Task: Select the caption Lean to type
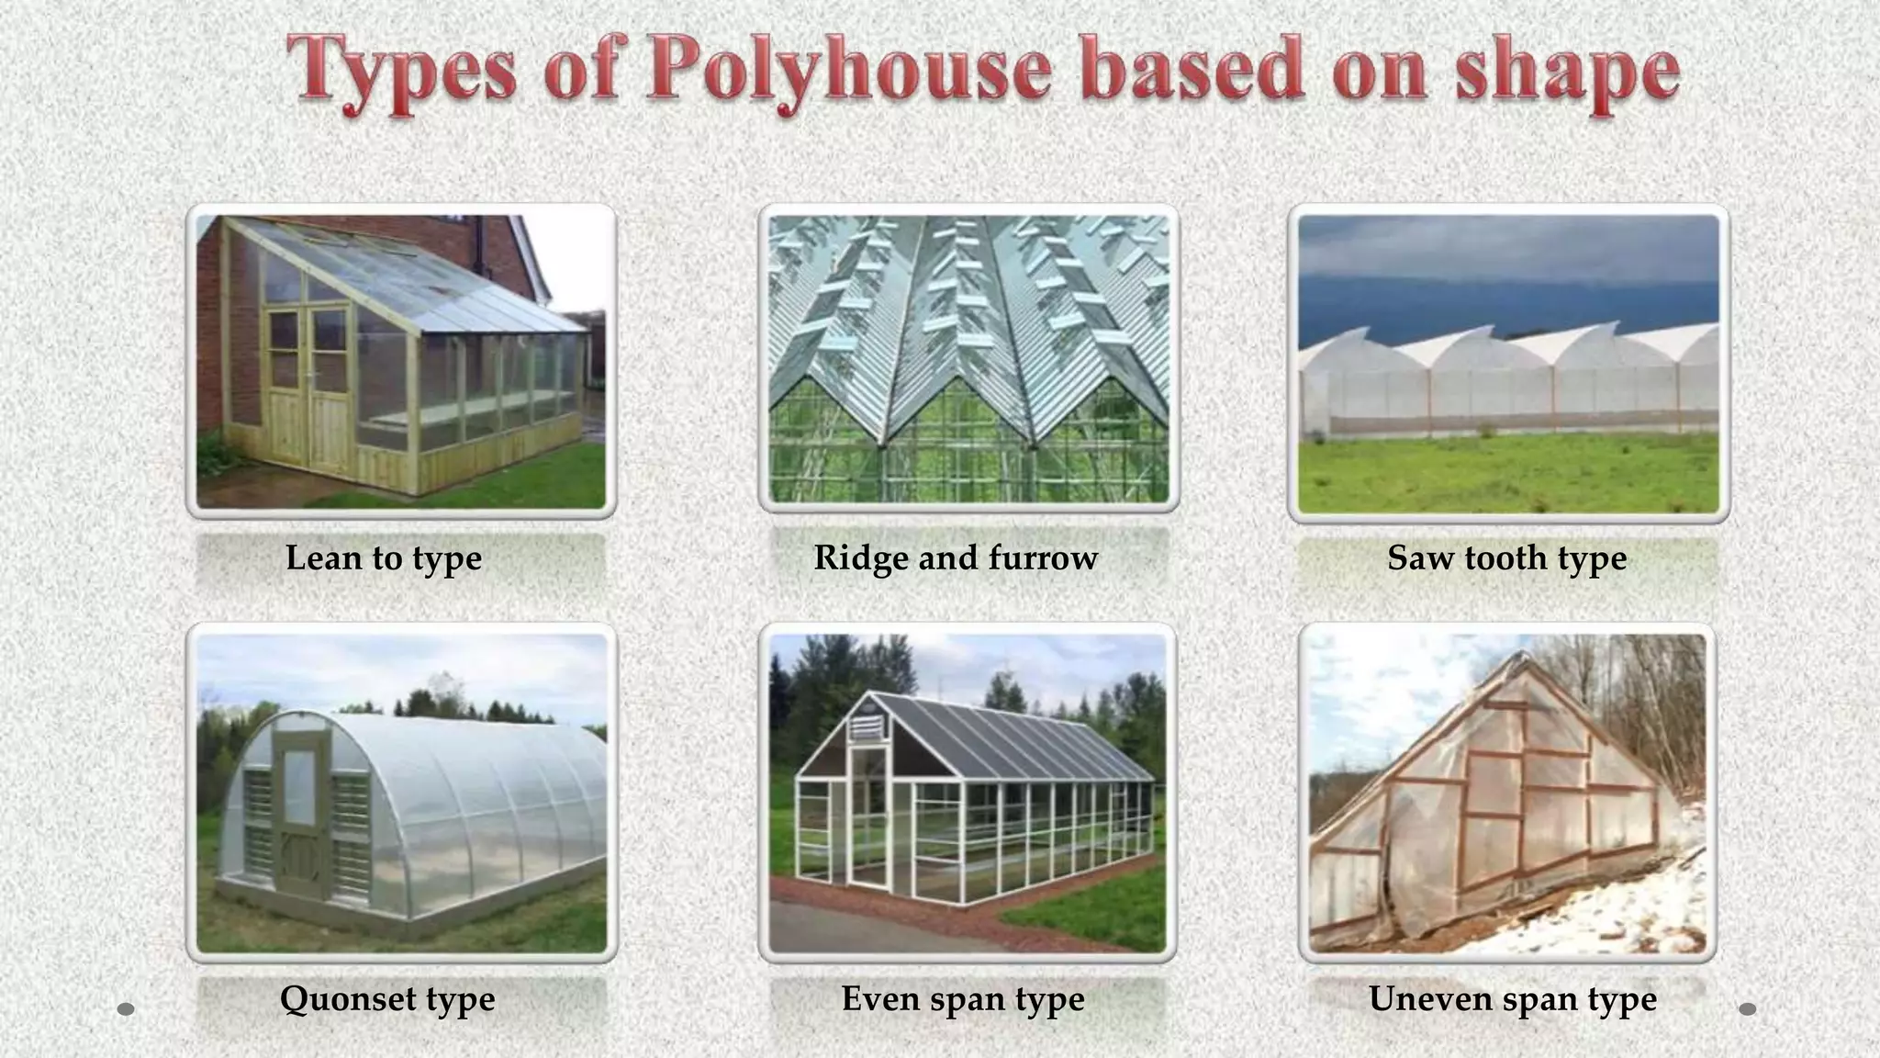(x=384, y=557)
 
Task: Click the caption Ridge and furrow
(x=956, y=557)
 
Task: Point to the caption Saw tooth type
(x=1506, y=557)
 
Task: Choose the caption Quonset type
(x=387, y=998)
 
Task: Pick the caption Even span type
(x=963, y=998)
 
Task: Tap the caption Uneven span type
(x=1512, y=998)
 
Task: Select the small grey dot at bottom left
(x=127, y=1009)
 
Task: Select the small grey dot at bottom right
(x=1748, y=1009)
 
